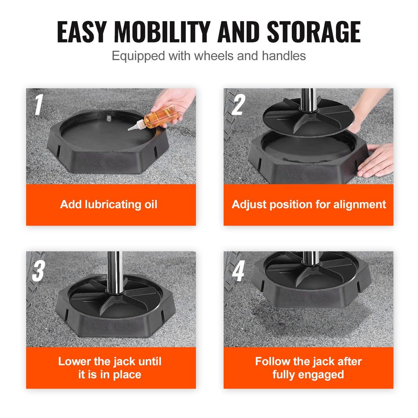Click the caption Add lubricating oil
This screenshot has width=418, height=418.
coord(109,205)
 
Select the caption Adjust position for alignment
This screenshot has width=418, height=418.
coord(309,205)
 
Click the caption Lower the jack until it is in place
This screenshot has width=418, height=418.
coord(110,368)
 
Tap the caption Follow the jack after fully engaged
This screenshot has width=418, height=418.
coord(309,368)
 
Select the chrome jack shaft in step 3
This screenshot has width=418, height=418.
coord(115,269)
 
